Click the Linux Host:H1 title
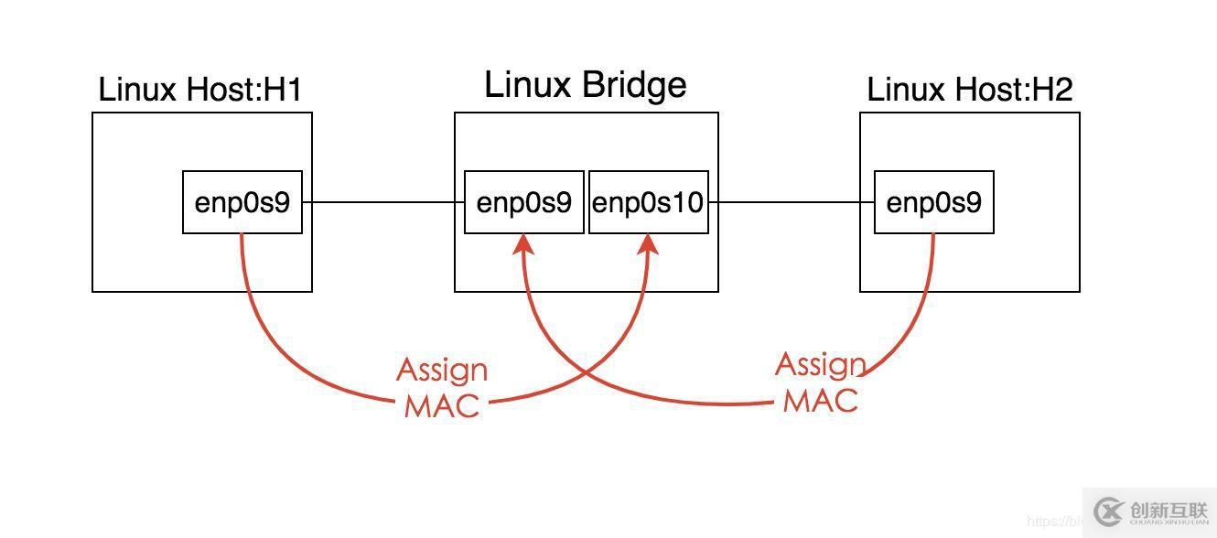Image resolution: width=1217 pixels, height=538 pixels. pyautogui.click(x=200, y=90)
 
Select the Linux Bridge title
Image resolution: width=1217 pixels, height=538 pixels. pyautogui.click(x=585, y=85)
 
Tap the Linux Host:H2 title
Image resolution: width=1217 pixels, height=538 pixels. pyautogui.click(x=969, y=90)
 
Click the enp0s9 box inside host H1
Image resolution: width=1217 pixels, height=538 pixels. pyautogui.click(x=242, y=202)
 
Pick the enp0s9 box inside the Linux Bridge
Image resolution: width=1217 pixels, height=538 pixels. pyautogui.click(x=523, y=202)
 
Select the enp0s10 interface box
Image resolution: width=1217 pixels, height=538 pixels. pyautogui.click(x=648, y=202)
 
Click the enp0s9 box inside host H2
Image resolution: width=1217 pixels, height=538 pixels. pyautogui.click(x=933, y=202)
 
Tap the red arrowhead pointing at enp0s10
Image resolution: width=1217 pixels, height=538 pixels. pyautogui.click(x=650, y=243)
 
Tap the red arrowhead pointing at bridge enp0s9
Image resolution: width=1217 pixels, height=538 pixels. pyautogui.click(x=523, y=243)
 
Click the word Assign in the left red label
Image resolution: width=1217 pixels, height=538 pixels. pyautogui.click(x=442, y=371)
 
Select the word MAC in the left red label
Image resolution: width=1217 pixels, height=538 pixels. pyautogui.click(x=442, y=405)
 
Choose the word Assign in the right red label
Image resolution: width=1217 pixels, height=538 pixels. pyautogui.click(x=820, y=365)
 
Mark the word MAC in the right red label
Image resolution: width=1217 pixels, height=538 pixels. pyautogui.click(x=820, y=400)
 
